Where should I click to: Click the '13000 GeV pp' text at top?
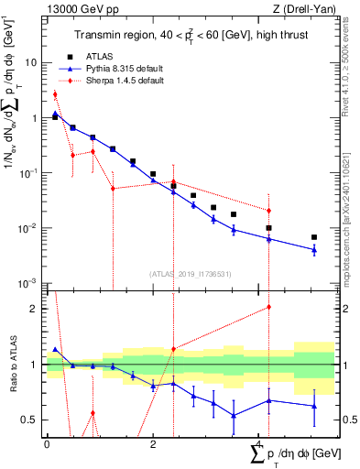coord(76,9)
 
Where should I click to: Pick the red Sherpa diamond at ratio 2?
coord(268,307)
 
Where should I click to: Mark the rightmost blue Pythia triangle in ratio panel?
coord(314,406)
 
